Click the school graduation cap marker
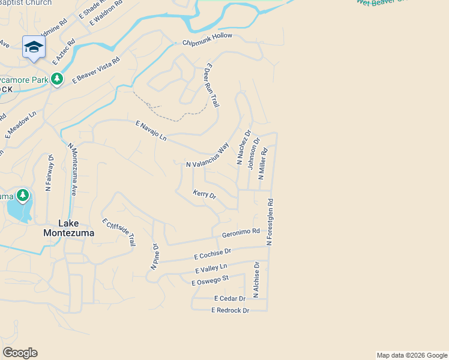click(34, 47)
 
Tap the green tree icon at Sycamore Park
click(57, 79)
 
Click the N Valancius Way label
click(208, 155)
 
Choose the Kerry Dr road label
click(204, 194)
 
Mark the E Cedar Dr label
click(230, 298)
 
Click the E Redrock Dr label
click(230, 310)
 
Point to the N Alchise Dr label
click(256, 280)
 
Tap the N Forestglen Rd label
click(270, 223)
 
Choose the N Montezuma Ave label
click(73, 169)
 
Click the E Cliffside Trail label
click(119, 232)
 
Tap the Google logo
click(20, 353)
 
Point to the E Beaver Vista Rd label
click(96, 70)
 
